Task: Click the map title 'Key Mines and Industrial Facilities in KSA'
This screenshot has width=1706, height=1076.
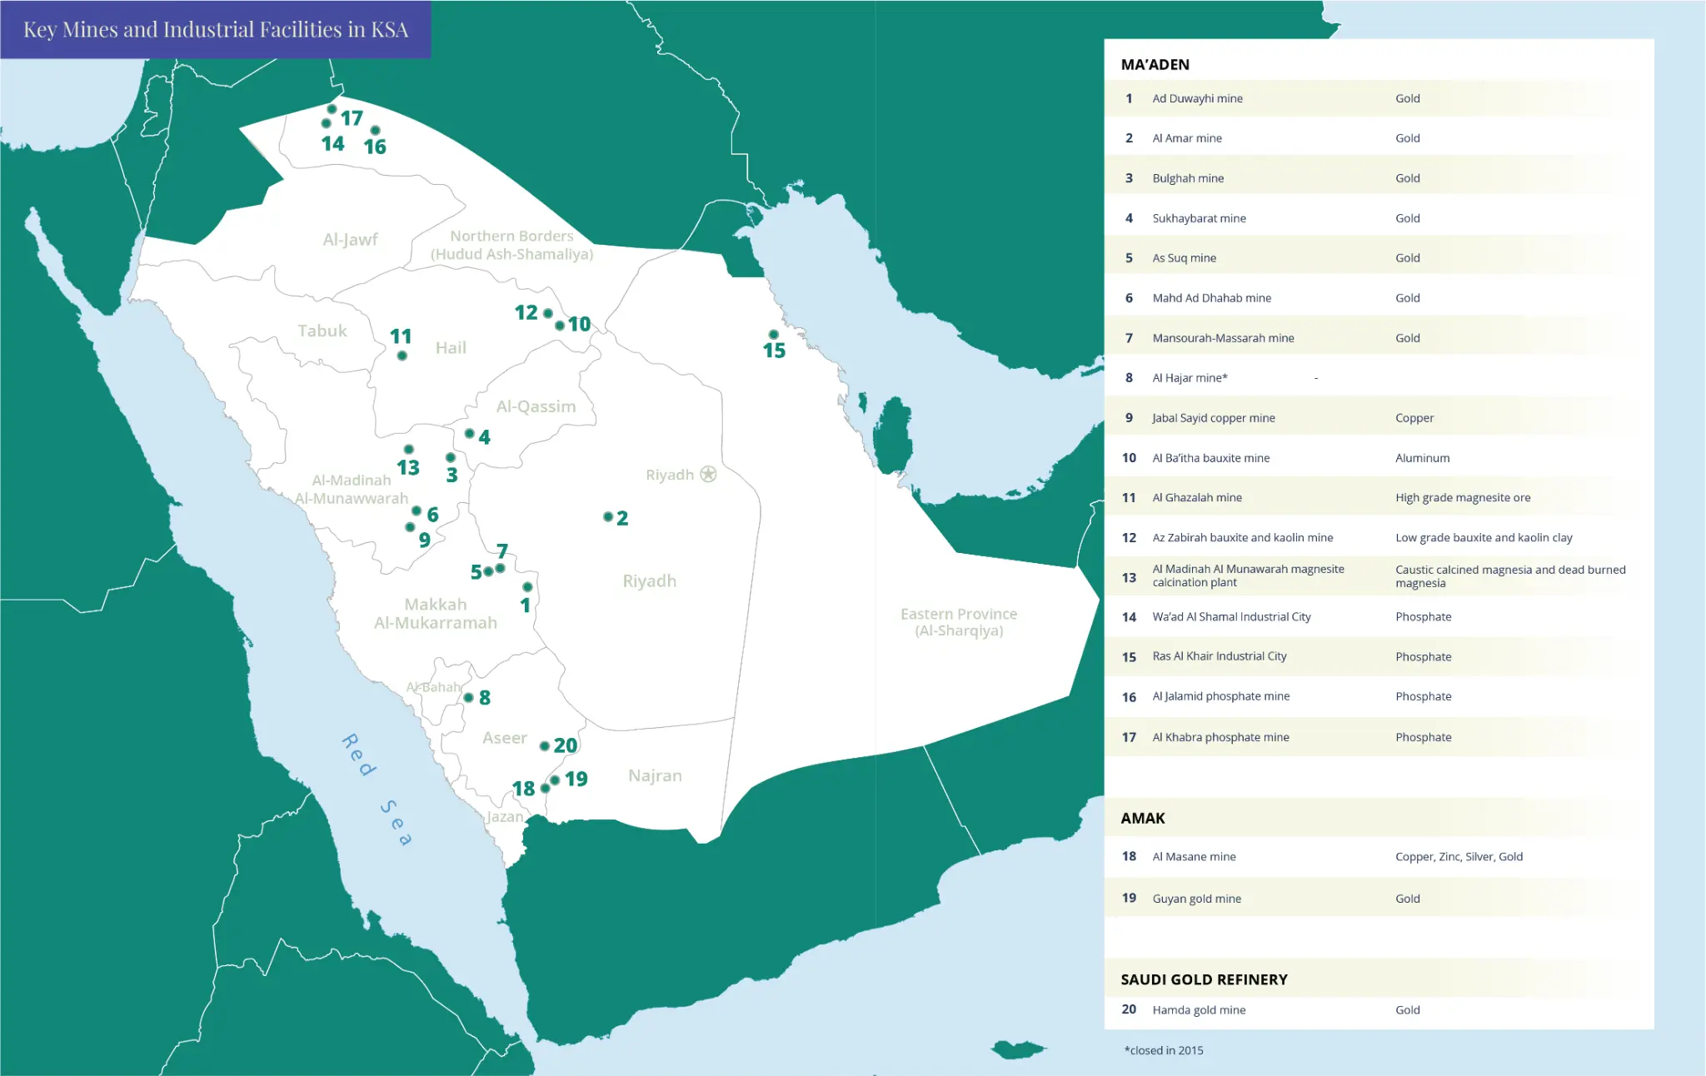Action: tap(215, 30)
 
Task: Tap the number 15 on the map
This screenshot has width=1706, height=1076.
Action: tap(774, 351)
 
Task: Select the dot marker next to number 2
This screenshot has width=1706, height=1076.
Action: tap(608, 517)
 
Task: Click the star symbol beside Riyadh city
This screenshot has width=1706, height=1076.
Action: tap(708, 474)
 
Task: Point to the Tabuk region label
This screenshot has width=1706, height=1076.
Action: tap(322, 331)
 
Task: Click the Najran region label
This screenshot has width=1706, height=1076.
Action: tap(655, 775)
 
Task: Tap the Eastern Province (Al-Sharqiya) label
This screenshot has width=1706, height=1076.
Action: tap(959, 622)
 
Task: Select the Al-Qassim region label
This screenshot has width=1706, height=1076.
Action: tap(536, 406)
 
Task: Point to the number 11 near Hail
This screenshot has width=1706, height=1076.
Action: tap(401, 336)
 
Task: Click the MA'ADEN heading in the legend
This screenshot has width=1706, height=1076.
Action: tap(1155, 65)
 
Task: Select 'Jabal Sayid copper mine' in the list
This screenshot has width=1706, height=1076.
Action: tap(1213, 418)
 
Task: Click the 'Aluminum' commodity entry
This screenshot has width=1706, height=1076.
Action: tap(1422, 458)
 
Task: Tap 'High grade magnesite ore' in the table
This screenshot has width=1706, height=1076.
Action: tap(1462, 498)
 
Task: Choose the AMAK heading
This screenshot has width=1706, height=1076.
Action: tap(1142, 819)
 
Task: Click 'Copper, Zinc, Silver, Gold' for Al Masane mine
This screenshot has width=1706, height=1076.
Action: tap(1458, 857)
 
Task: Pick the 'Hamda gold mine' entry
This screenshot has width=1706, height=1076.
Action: tap(1199, 1010)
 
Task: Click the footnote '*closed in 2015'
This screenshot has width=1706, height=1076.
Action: tap(1164, 1051)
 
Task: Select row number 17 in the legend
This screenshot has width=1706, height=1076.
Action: tap(1129, 737)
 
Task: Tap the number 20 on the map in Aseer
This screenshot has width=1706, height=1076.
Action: tap(566, 745)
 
